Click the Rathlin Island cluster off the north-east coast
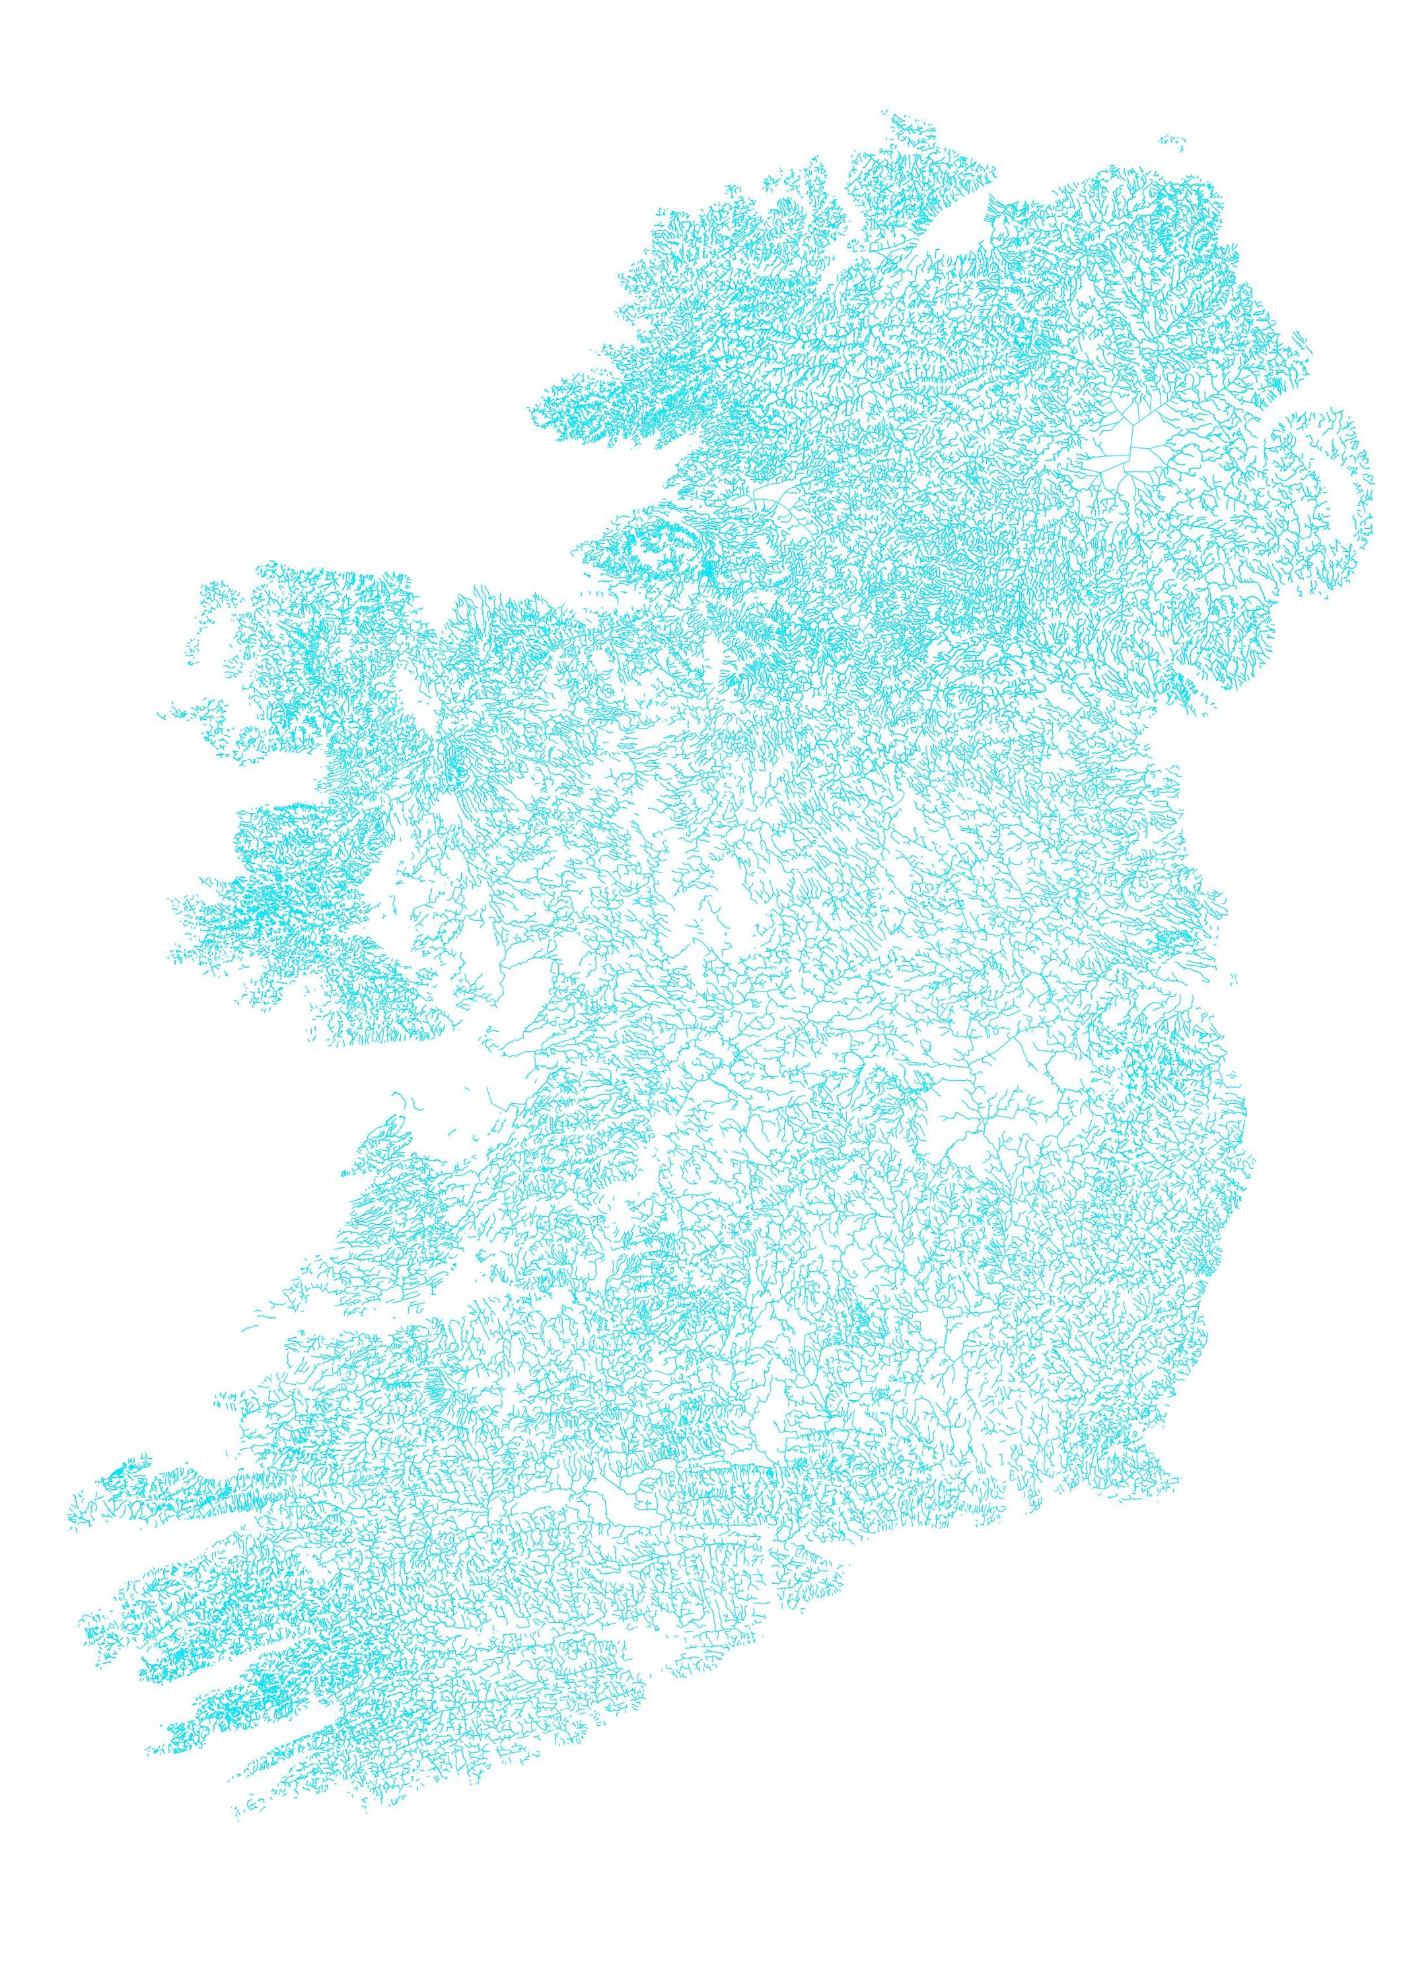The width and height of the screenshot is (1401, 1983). [x=1171, y=140]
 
